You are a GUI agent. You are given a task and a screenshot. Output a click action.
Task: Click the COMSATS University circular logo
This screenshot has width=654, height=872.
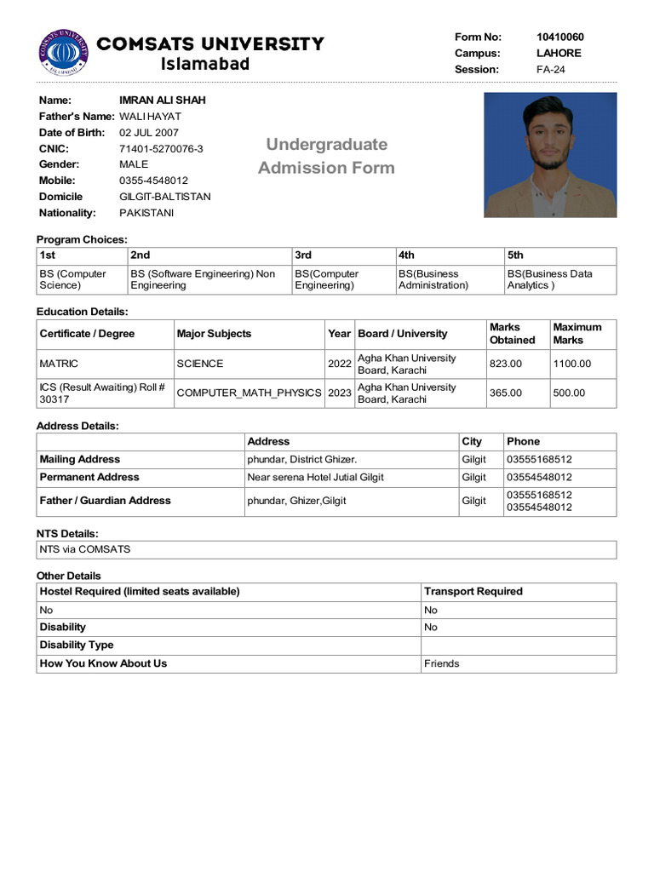click(64, 52)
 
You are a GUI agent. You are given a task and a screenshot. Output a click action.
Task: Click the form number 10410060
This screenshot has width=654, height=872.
click(559, 37)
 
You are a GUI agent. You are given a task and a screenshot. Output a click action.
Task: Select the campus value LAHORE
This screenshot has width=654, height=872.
click(559, 53)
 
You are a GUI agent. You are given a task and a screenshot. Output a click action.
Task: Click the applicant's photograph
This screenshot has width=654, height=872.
click(550, 154)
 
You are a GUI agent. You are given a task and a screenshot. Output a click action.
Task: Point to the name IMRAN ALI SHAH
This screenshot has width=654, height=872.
click(162, 100)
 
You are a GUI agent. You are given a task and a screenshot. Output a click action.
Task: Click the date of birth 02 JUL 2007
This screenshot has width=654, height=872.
click(148, 132)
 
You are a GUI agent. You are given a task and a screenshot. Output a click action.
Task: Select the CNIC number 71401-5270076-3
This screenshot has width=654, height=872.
click(161, 148)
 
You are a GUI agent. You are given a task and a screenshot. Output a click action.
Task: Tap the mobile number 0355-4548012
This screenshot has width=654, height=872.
click(153, 181)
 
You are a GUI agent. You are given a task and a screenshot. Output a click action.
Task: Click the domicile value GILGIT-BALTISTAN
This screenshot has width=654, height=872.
click(164, 197)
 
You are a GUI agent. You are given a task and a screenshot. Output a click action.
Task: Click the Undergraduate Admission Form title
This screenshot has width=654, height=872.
click(326, 156)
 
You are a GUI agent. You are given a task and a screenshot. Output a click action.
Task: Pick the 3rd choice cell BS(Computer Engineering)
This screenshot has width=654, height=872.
click(326, 279)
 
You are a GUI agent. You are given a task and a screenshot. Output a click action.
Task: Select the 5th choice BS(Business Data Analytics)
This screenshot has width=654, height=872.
click(549, 279)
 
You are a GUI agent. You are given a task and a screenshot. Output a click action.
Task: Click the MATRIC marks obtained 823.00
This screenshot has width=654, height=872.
click(505, 364)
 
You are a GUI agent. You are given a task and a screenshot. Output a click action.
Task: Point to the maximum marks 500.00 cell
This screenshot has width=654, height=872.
click(569, 393)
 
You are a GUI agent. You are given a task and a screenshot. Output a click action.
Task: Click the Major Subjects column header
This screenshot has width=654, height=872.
click(214, 334)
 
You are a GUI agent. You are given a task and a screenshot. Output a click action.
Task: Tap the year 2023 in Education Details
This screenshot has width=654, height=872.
click(339, 393)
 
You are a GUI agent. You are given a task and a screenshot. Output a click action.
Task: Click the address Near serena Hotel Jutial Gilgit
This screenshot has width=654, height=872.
click(315, 477)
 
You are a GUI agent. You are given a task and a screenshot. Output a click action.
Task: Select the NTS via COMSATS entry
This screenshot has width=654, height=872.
click(85, 549)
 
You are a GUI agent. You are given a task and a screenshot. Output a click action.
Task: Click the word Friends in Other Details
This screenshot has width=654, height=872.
click(441, 663)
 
